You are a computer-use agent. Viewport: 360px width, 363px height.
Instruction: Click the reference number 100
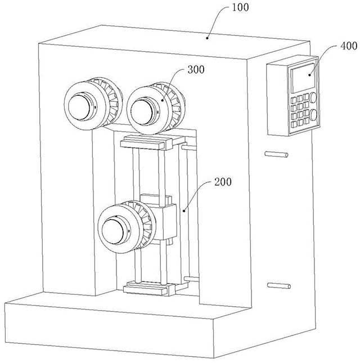[240, 7]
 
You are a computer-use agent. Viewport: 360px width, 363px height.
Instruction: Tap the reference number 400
[349, 46]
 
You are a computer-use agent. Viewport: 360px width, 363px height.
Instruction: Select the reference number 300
[196, 69]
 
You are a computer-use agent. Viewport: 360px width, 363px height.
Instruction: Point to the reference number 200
[223, 182]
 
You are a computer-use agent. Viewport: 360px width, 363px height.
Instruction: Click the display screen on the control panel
[303, 78]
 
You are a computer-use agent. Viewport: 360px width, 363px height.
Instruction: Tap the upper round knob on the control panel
[313, 97]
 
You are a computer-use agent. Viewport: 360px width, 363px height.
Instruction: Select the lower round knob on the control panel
[313, 115]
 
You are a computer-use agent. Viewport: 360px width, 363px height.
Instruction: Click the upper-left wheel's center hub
[79, 107]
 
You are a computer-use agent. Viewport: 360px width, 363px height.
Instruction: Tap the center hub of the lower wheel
[113, 231]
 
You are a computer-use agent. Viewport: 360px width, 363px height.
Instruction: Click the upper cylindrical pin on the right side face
[276, 154]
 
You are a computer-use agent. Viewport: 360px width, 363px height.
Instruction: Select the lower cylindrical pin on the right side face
[279, 285]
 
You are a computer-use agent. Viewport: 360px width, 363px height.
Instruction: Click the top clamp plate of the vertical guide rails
[146, 142]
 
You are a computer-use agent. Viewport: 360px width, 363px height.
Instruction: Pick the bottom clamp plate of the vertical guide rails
[148, 288]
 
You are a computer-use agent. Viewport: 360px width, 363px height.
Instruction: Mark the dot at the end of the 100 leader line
[208, 38]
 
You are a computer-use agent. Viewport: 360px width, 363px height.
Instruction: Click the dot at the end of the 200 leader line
[184, 210]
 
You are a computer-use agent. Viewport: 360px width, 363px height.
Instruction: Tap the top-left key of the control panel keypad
[294, 100]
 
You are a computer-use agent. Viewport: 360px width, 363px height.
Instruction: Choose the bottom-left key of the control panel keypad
[294, 124]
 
